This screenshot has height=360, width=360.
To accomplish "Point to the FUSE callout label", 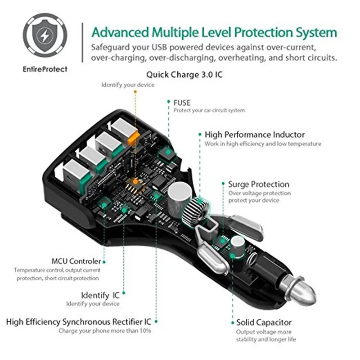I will coord(182,103).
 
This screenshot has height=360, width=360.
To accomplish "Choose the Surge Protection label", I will coord(258,184).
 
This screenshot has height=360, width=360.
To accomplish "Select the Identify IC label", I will coord(100,295).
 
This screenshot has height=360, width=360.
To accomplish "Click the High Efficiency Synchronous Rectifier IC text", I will coord(79,322).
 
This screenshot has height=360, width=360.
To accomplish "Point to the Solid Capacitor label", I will coord(264,322).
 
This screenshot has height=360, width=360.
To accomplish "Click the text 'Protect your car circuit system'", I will coord(209,111).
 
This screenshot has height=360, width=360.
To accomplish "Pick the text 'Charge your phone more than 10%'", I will coord(105,331).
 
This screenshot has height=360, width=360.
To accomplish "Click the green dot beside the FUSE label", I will coord(168,103).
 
